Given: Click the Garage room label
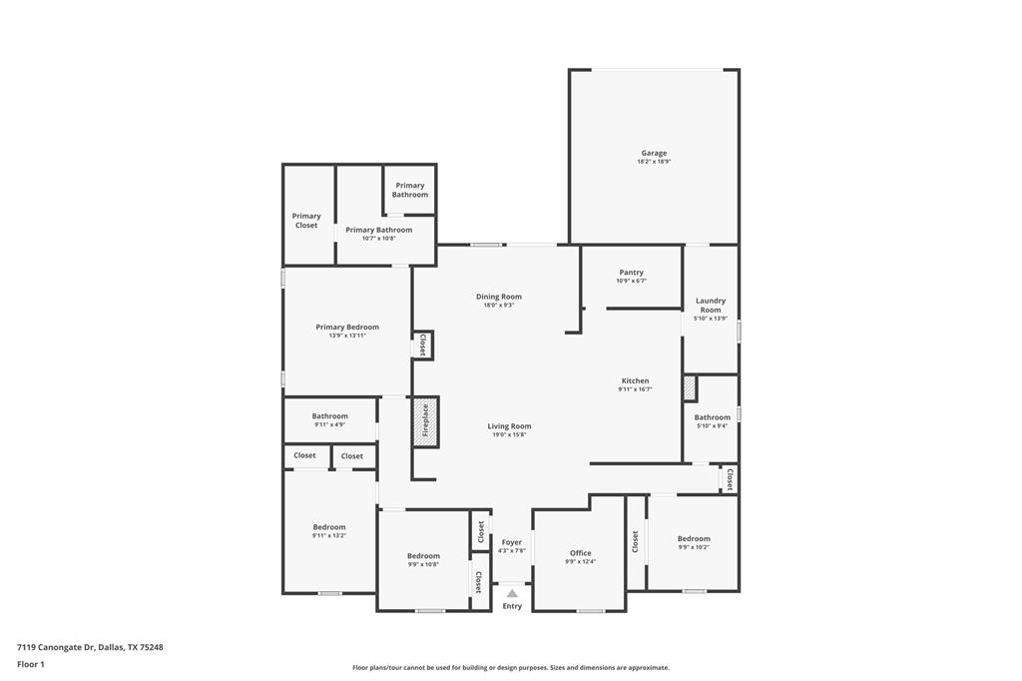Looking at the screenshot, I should pyautogui.click(x=654, y=153).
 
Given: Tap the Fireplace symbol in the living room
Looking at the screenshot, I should pyautogui.click(x=425, y=420).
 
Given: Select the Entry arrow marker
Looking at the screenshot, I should pyautogui.click(x=512, y=593).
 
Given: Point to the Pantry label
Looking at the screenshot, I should pyautogui.click(x=631, y=273).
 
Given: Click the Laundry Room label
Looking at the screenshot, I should pyautogui.click(x=711, y=305).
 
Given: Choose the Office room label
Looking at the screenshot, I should pyautogui.click(x=581, y=553).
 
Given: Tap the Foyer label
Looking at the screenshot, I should pyautogui.click(x=512, y=542).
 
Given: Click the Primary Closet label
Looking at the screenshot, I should pyautogui.click(x=306, y=221).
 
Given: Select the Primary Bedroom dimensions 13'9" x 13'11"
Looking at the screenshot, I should pyautogui.click(x=347, y=336).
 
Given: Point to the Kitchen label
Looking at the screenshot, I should pyautogui.click(x=635, y=380).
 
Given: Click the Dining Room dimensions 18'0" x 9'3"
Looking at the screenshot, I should pyautogui.click(x=498, y=305).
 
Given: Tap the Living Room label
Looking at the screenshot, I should pyautogui.click(x=509, y=426).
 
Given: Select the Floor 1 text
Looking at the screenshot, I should pyautogui.click(x=31, y=664).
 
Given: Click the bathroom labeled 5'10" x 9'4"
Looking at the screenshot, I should pyautogui.click(x=712, y=420).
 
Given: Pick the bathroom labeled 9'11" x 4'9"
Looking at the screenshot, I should pyautogui.click(x=329, y=419).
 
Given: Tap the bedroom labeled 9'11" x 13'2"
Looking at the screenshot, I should pyautogui.click(x=328, y=530).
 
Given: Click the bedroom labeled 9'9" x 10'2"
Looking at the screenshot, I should pyautogui.click(x=694, y=542).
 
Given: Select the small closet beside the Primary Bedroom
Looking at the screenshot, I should pyautogui.click(x=422, y=345).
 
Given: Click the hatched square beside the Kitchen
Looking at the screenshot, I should pyautogui.click(x=689, y=387).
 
